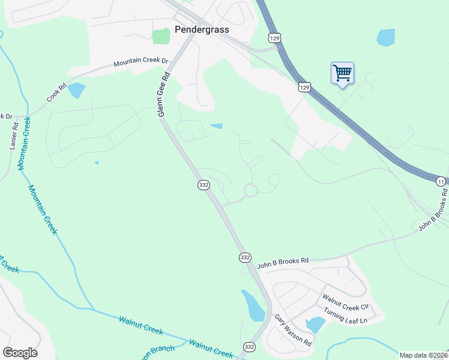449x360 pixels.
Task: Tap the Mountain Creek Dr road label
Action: (x=142, y=62)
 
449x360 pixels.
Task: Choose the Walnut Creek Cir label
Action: (x=345, y=302)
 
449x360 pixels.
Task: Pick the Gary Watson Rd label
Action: (x=293, y=330)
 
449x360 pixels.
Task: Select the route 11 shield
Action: (x=441, y=181)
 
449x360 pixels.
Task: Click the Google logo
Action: (x=20, y=353)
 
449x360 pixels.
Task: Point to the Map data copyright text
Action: (x=424, y=355)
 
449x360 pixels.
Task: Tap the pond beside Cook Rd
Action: (x=76, y=91)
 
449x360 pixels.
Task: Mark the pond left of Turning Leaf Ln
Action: (x=315, y=325)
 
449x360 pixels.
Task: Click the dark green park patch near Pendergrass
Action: (x=161, y=36)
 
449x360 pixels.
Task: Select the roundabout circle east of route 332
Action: (x=250, y=191)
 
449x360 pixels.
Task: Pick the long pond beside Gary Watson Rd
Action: (x=252, y=305)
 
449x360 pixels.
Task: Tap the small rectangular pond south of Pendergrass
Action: (x=216, y=126)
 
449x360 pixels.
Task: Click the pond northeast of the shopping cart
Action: (x=385, y=37)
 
